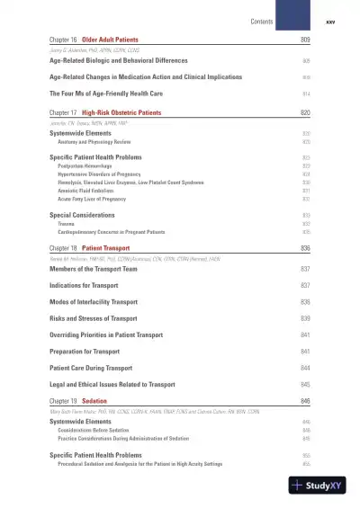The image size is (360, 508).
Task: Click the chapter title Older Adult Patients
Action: pos(105,41)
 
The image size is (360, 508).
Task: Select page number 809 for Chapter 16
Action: pos(305,41)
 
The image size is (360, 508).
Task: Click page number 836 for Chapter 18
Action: pos(305,246)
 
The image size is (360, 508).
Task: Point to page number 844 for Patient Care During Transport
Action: pos(305,367)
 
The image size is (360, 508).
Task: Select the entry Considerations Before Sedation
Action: pos(95,430)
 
